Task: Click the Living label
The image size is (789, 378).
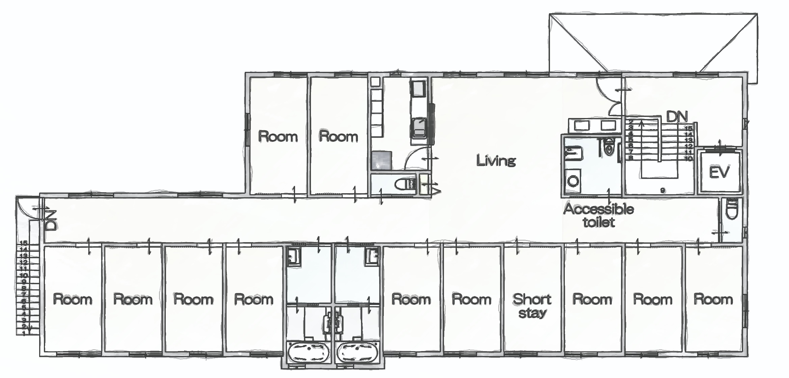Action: click(496, 161)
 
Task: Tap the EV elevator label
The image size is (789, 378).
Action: click(719, 172)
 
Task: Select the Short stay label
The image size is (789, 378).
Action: click(532, 306)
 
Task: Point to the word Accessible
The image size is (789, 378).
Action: click(599, 209)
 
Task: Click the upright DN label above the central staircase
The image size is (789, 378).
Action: click(677, 117)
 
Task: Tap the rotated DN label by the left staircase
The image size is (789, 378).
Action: click(51, 221)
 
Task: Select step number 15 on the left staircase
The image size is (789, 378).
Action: click(23, 243)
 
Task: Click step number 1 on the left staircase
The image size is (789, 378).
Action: click(24, 333)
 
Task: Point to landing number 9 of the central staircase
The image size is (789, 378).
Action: click(663, 191)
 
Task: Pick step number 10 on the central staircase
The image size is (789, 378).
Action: click(688, 158)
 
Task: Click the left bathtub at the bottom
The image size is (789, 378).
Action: click(309, 352)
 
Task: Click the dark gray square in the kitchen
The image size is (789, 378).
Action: click(382, 161)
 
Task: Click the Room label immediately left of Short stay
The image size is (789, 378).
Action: click(471, 299)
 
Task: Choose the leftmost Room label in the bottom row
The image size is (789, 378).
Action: click(73, 299)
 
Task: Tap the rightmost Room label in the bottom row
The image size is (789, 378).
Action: click(713, 299)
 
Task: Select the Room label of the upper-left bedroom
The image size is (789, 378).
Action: click(278, 137)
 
